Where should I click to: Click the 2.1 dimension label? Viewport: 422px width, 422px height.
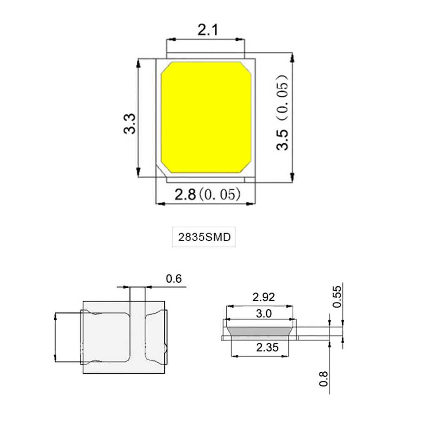pos(208,30)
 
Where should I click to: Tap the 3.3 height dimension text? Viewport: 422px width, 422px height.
pos(130,124)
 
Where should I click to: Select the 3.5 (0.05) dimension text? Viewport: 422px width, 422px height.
pos(282,112)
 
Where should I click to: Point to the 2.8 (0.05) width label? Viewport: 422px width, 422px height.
pos(207,194)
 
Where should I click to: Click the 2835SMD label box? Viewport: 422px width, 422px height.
pos(204,237)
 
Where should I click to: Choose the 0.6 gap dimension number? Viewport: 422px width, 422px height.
pos(173,279)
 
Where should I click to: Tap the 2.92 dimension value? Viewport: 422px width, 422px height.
pos(263,297)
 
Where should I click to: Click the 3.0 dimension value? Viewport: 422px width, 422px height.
pos(264,314)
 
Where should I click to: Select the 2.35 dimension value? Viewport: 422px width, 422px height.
pos(267,347)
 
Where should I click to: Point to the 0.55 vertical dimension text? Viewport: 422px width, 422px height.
pos(337,297)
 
